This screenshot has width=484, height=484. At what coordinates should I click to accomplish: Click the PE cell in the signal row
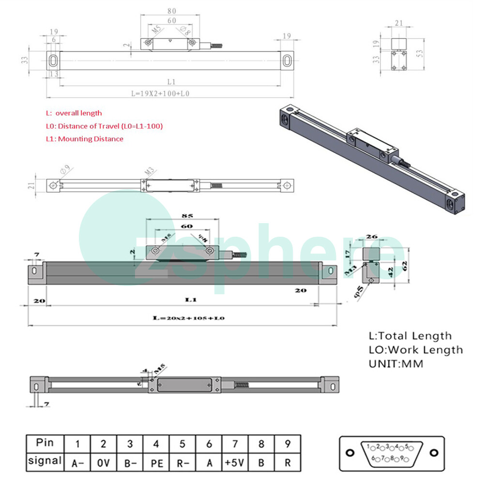click(x=156, y=462)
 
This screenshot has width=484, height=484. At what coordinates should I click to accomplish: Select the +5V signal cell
click(x=234, y=462)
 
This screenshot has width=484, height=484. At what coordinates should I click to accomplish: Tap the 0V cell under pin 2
click(x=103, y=462)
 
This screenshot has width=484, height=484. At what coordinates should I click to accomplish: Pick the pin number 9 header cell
click(x=287, y=443)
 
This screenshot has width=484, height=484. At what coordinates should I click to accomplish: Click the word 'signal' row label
click(x=45, y=461)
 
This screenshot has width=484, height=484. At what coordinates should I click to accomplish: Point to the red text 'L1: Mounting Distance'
click(x=84, y=139)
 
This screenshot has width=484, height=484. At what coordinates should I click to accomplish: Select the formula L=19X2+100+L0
click(x=160, y=93)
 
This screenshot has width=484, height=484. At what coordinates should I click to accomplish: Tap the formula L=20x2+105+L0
click(x=189, y=318)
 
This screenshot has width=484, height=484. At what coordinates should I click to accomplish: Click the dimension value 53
click(x=420, y=52)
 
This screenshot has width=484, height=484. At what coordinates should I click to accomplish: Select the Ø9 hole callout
click(x=65, y=170)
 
